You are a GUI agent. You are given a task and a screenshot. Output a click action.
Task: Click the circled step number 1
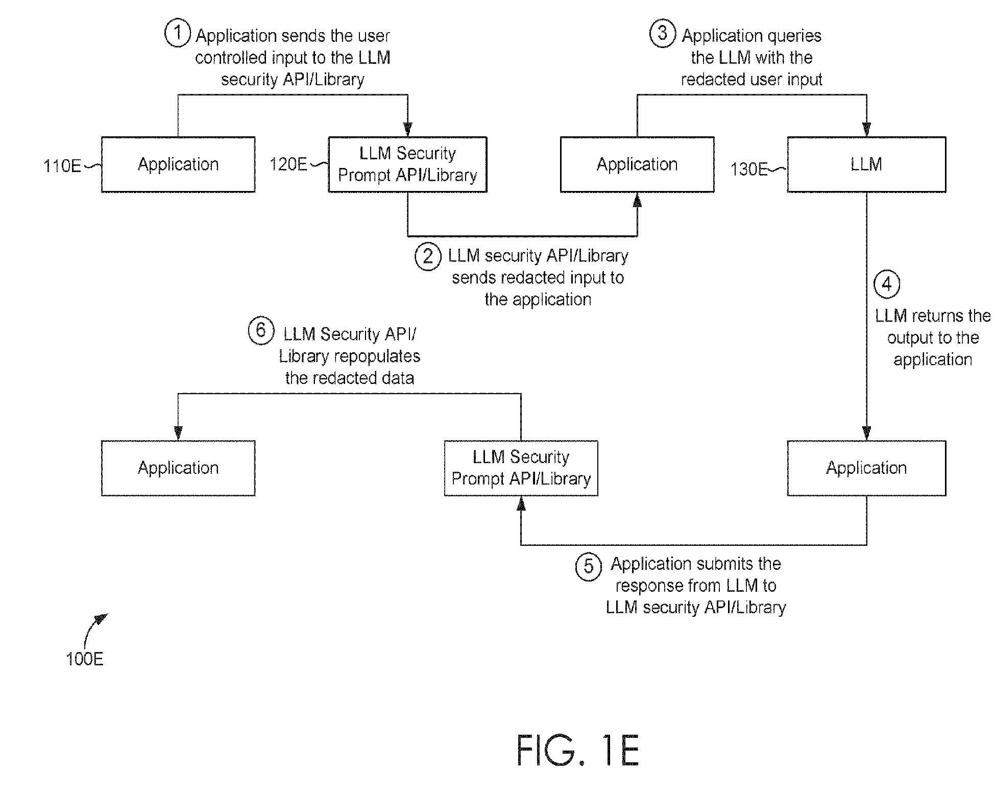(177, 34)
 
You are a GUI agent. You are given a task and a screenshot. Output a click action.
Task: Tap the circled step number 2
(428, 256)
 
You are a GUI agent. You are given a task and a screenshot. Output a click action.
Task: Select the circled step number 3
(663, 34)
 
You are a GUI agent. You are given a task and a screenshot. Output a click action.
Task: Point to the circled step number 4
(887, 284)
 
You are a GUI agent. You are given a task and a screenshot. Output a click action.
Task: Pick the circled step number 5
(589, 567)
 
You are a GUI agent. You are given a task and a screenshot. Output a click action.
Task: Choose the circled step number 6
(261, 330)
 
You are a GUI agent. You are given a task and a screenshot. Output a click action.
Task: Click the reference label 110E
(62, 166)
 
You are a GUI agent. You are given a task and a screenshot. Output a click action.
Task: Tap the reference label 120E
(288, 164)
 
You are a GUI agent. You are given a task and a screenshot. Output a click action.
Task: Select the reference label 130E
(749, 169)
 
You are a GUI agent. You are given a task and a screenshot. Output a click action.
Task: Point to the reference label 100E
(85, 659)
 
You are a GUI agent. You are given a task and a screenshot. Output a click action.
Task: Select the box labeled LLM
(866, 164)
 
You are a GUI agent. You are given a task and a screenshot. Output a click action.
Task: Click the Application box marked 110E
(178, 164)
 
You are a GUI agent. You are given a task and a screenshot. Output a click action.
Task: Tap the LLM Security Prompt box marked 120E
(407, 164)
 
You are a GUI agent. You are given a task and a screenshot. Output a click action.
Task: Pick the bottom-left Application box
(178, 468)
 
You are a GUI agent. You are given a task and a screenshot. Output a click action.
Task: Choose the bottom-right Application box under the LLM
(866, 468)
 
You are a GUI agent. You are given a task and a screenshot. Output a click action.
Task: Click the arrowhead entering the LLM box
(866, 130)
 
